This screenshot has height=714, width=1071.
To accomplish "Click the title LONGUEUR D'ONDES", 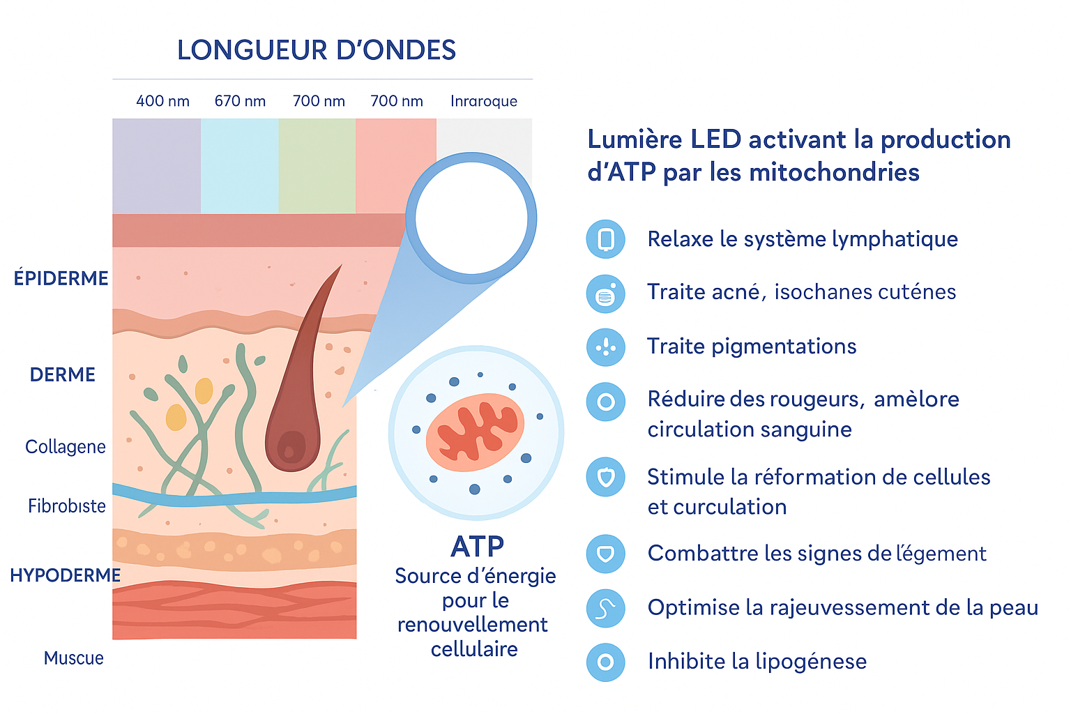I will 316,50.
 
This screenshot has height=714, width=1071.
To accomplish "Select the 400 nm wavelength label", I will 162,101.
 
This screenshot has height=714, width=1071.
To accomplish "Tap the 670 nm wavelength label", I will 240,101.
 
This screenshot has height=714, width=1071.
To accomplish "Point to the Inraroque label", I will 483,101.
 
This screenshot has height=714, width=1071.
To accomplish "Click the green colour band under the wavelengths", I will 317,166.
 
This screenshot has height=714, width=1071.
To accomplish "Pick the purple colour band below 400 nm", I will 156,166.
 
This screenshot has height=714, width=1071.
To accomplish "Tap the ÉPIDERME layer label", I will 61,278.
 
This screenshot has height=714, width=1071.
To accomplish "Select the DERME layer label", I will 63,374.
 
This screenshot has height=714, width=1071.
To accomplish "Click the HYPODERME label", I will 65,575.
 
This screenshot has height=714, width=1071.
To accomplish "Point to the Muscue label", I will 73,658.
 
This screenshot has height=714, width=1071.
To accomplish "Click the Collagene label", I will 66,447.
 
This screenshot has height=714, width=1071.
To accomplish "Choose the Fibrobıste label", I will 67,506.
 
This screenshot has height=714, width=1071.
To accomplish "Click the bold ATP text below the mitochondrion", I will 477,547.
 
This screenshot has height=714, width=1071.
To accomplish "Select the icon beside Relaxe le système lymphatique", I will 605,239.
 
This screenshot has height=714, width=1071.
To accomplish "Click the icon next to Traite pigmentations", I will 605,347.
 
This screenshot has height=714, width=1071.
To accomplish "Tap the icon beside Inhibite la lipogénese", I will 605,662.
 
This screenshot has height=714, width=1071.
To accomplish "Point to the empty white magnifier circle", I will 471,217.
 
